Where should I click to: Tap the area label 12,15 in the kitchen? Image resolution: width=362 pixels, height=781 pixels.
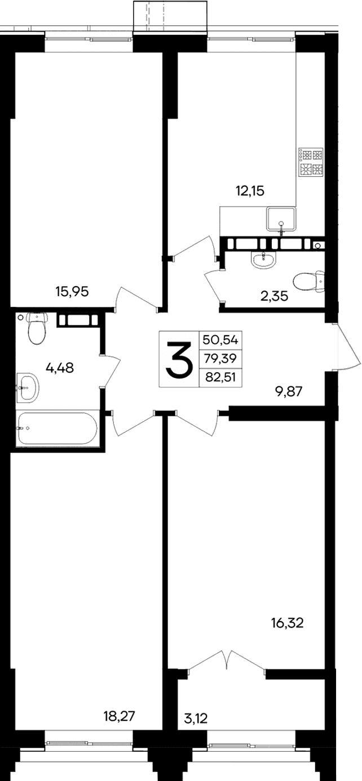point(250,191)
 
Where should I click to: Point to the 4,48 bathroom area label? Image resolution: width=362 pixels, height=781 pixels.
point(60,369)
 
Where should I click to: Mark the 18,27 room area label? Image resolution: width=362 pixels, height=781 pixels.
point(120,716)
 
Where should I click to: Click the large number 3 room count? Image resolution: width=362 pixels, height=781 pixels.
point(179,360)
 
